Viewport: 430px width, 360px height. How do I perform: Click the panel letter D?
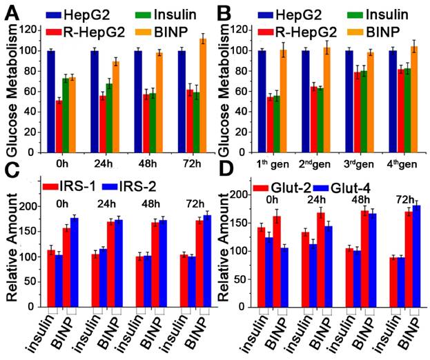(x=226, y=183)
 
